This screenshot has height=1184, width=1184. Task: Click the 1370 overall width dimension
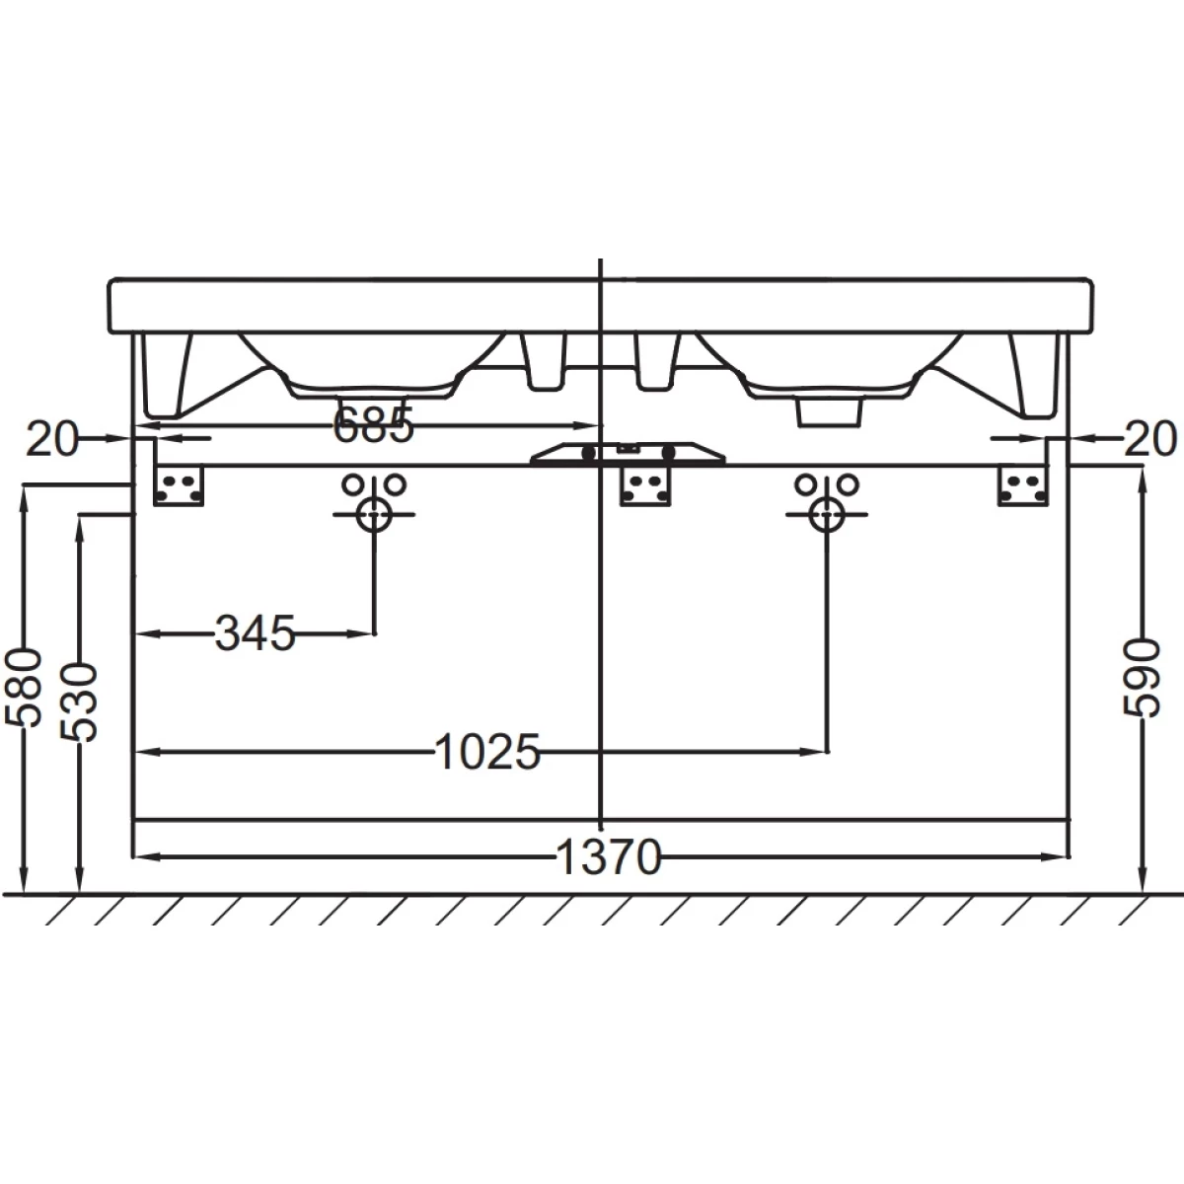[608, 856]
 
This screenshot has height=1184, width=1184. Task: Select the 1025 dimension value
[487, 752]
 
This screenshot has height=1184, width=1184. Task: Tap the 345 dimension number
[255, 632]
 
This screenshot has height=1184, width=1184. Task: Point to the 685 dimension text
[373, 424]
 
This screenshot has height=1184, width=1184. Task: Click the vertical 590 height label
[1141, 678]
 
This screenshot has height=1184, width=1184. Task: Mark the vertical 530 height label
[79, 703]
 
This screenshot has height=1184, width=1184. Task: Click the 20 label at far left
[53, 439]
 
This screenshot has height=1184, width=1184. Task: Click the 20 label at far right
[1150, 439]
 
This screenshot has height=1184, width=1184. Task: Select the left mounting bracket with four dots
[179, 486]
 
